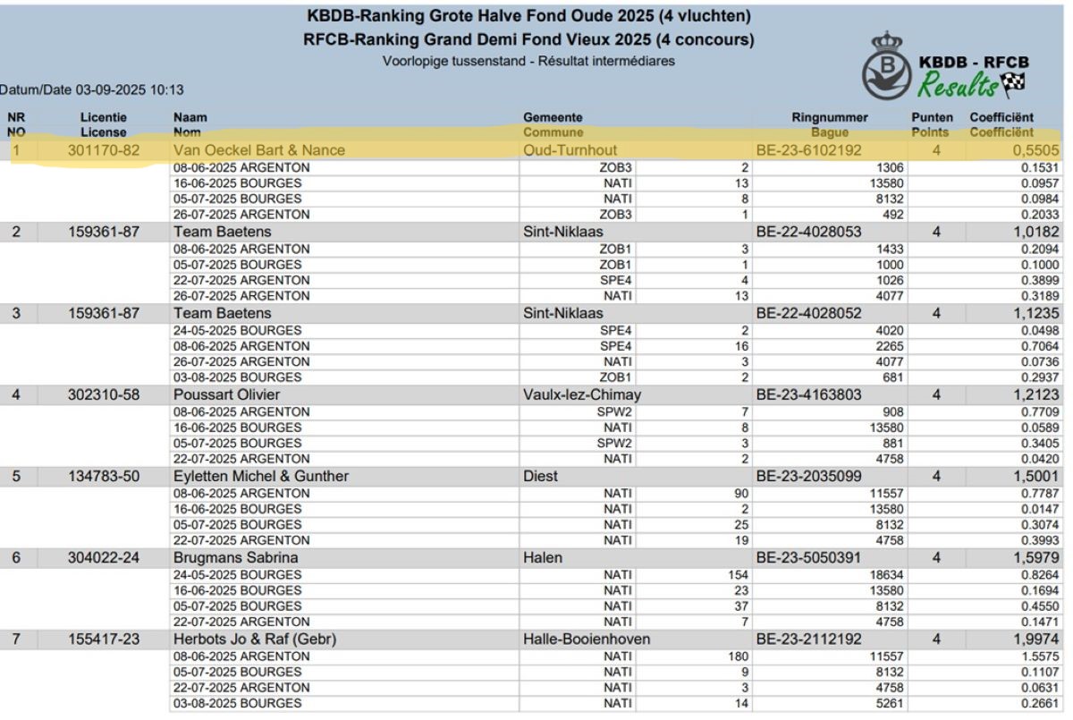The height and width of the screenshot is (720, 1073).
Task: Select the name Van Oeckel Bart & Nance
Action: [x=258, y=150]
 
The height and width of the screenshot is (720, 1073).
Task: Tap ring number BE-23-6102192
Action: [x=808, y=150]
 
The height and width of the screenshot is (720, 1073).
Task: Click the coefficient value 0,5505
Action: [x=1035, y=150]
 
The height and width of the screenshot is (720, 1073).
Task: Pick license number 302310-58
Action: [x=104, y=394]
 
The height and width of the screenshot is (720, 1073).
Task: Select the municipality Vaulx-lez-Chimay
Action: [x=581, y=394]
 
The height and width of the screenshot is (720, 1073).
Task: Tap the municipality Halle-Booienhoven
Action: [x=586, y=639]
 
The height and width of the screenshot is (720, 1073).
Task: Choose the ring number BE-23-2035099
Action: [x=808, y=476]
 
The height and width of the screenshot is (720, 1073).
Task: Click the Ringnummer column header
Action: [x=829, y=117]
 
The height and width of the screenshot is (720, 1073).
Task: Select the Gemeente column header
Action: [x=553, y=117]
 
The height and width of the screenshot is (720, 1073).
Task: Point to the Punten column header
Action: [x=932, y=117]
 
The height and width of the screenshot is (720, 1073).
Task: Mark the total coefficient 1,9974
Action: [x=1035, y=639]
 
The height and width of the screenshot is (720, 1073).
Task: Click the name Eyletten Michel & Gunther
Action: [x=260, y=476]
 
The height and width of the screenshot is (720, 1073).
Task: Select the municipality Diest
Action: [x=540, y=476]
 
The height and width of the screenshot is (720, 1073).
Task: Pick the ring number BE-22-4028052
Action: [x=808, y=313]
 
